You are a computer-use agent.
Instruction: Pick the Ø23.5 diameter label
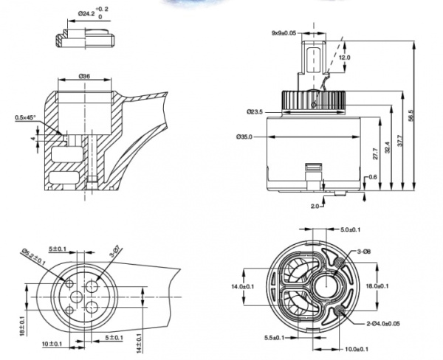tap(256, 112)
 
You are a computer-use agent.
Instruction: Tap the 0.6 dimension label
tap(372, 177)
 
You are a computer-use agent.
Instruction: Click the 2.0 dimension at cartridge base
tap(315, 206)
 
